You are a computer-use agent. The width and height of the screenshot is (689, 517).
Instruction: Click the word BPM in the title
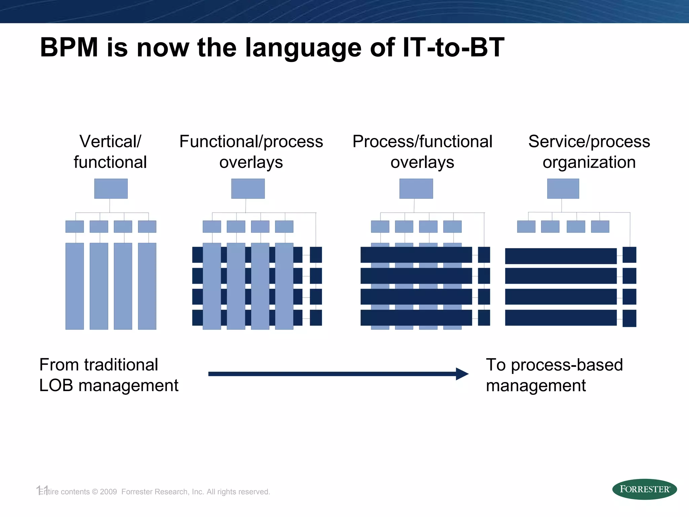(x=69, y=47)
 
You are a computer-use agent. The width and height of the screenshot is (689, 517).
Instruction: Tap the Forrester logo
(x=644, y=489)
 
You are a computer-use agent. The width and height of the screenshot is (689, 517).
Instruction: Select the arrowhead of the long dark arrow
(x=463, y=374)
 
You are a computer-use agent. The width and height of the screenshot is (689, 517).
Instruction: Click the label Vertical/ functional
(x=110, y=151)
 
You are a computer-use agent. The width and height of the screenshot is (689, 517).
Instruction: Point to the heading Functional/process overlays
(x=251, y=151)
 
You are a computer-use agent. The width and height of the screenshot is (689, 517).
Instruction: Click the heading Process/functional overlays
(x=422, y=151)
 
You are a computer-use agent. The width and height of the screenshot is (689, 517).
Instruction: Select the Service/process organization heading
(x=589, y=151)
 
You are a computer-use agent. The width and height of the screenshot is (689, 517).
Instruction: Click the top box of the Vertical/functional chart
(x=111, y=188)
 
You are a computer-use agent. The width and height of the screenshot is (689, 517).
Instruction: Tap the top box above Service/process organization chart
(x=563, y=188)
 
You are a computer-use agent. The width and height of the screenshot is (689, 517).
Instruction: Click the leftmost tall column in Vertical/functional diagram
(x=74, y=286)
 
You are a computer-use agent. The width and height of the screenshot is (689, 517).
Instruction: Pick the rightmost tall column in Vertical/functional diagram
(x=147, y=286)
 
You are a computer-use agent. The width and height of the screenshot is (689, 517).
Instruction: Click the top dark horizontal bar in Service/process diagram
(x=560, y=256)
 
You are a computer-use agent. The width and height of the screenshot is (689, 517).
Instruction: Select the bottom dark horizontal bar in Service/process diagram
(x=560, y=318)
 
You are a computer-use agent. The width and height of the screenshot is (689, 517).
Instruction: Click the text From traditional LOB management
(x=108, y=375)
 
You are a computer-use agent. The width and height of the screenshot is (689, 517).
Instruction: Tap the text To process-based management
(x=554, y=375)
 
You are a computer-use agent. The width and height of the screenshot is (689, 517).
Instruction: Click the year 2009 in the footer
(x=108, y=492)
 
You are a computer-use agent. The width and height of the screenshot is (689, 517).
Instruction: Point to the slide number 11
(x=42, y=490)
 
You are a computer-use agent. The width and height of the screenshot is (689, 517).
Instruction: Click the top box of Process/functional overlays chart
(x=416, y=188)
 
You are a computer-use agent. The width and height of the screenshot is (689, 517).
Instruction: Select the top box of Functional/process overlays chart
(x=248, y=188)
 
